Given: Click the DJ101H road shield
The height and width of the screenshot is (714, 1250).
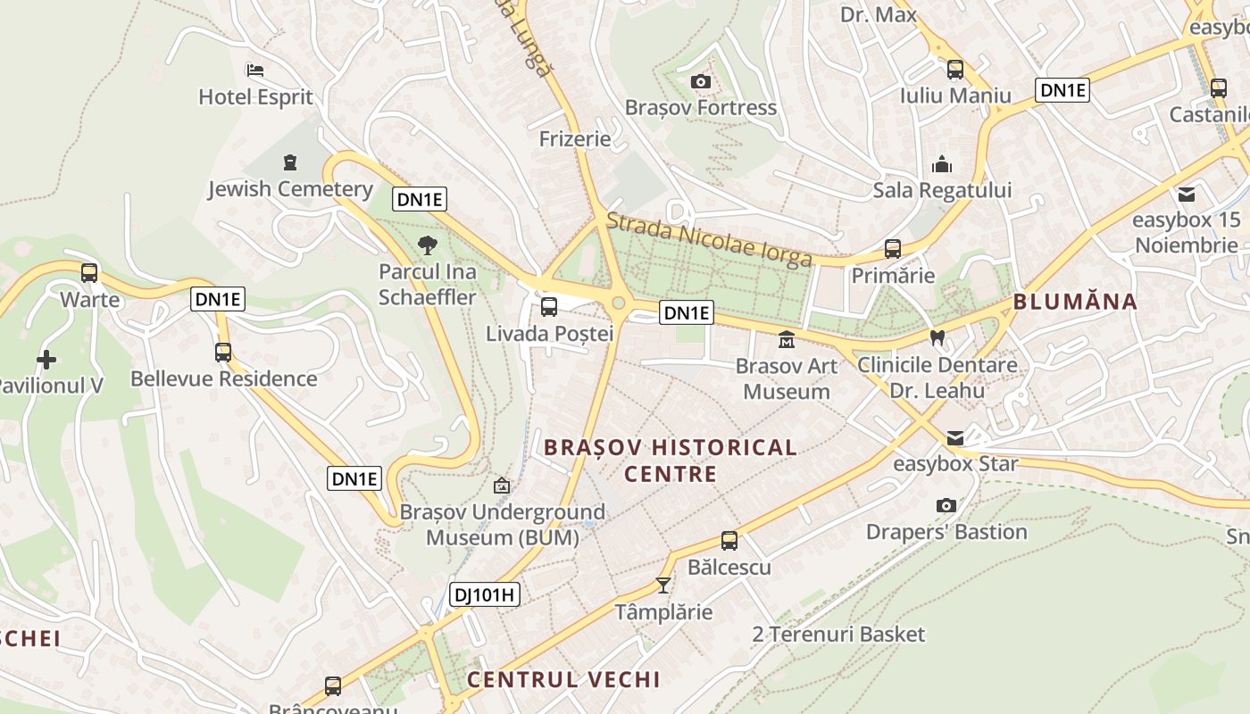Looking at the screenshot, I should coord(485,594).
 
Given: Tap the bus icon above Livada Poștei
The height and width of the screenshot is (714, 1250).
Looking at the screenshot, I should coord(549,307).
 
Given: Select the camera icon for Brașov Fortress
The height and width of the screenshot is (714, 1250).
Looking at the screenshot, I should coord(701,82).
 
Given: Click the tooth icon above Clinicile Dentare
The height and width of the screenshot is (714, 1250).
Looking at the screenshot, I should coord(937,338).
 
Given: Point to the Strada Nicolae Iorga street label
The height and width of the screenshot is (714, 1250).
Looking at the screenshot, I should coord(709,239).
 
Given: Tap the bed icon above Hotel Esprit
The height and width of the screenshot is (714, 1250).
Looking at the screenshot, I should coord(255,71).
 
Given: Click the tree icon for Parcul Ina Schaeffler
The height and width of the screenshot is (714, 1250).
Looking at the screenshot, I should coord(428,245).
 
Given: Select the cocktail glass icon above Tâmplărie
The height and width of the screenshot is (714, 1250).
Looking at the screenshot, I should coord(662,585).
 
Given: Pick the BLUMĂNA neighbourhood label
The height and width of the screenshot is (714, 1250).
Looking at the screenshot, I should coord(1075,302).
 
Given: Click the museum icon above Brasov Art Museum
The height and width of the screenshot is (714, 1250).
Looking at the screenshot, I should coord(786,340).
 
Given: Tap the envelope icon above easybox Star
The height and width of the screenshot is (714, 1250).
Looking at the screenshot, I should coord(955,437).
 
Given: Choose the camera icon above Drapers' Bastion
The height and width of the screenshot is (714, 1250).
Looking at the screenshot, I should coord(946,506).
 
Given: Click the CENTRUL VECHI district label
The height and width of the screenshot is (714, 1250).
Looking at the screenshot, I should coord(563,679).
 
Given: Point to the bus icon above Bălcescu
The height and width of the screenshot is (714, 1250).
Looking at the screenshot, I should coord(729,540).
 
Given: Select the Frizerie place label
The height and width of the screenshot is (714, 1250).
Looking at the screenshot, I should coord(575,139).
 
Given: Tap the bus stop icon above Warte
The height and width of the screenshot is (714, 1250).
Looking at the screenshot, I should coord(89,273).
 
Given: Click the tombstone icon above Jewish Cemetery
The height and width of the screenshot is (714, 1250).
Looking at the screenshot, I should coord(289,162).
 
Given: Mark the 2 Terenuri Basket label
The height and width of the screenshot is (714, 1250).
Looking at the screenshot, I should coord(838,635).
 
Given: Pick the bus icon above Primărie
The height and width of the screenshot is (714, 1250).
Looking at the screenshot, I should coord(892,249).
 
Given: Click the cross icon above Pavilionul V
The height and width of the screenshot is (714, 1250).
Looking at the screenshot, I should coord(46,360).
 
